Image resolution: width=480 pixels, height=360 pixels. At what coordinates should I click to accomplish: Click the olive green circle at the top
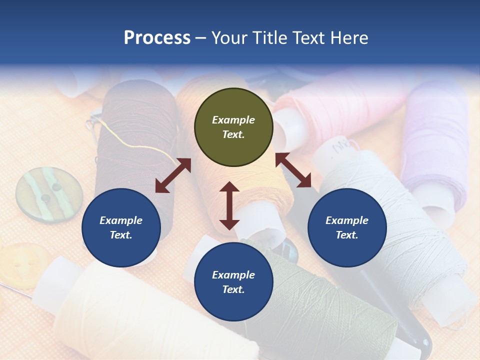click(233, 127)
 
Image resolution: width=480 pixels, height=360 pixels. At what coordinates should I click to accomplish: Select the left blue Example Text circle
click(121, 227)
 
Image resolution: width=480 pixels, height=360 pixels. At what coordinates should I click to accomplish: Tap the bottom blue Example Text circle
click(233, 282)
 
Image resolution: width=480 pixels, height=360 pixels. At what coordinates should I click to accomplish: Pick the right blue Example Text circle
click(347, 227)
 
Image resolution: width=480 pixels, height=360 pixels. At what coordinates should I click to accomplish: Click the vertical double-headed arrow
click(229, 205)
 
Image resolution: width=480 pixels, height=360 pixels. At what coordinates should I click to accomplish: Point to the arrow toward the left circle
click(173, 175)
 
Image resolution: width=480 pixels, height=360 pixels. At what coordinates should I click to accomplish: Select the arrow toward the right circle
click(293, 170)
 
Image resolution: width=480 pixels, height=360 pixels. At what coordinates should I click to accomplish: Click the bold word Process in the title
click(157, 38)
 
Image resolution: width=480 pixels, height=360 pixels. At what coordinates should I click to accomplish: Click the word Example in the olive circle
click(233, 120)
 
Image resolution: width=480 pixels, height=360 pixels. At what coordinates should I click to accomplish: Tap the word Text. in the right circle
click(347, 235)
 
